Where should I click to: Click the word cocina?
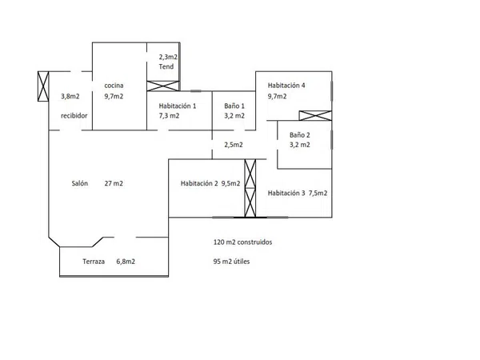114,86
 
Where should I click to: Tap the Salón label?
79,183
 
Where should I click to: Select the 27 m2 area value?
114,183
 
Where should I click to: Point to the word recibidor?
74,115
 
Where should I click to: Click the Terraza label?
94,262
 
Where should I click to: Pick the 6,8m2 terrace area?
126,262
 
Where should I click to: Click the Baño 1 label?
234,106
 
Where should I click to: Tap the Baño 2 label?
300,134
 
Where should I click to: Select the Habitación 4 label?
286,85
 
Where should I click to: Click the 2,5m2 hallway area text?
234,145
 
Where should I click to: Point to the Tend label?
166,66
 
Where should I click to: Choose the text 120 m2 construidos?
242,242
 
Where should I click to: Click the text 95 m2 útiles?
231,262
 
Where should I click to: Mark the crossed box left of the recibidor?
43,86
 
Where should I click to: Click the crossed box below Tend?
163,86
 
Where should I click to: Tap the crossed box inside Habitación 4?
315,116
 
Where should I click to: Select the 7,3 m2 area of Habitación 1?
169,116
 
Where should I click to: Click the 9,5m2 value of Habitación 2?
231,183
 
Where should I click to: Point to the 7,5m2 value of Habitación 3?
318,193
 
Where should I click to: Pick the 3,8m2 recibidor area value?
70,96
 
